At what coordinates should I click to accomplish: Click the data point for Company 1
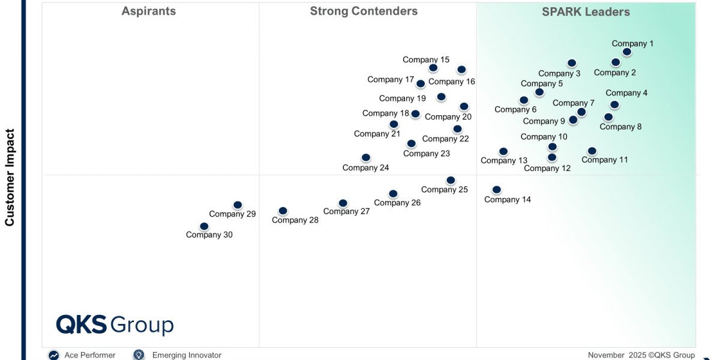coord(626,52)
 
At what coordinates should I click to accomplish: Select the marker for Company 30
coord(204,226)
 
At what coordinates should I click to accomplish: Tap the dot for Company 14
coord(496,190)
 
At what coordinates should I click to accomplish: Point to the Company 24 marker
coord(366,158)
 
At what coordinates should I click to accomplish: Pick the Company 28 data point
coord(283,211)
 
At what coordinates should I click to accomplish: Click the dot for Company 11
coord(592,151)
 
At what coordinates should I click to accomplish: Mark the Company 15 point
coord(433,68)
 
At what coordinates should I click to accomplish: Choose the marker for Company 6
coord(524,100)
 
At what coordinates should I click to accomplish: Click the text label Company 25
coord(445,190)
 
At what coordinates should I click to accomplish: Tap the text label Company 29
coord(232,214)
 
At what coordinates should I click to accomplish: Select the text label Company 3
coord(559,74)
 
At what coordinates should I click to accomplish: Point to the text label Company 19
coord(403,98)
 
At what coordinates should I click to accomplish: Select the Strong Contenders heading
coord(364,11)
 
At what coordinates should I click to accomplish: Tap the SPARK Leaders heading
coord(586,12)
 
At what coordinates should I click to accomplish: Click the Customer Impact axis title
coord(10,178)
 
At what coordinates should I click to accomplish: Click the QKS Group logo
coord(115,325)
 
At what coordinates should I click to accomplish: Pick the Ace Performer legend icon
coord(54,355)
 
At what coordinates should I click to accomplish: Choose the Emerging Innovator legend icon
coord(139,355)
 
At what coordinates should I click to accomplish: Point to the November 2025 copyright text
coord(641,355)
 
